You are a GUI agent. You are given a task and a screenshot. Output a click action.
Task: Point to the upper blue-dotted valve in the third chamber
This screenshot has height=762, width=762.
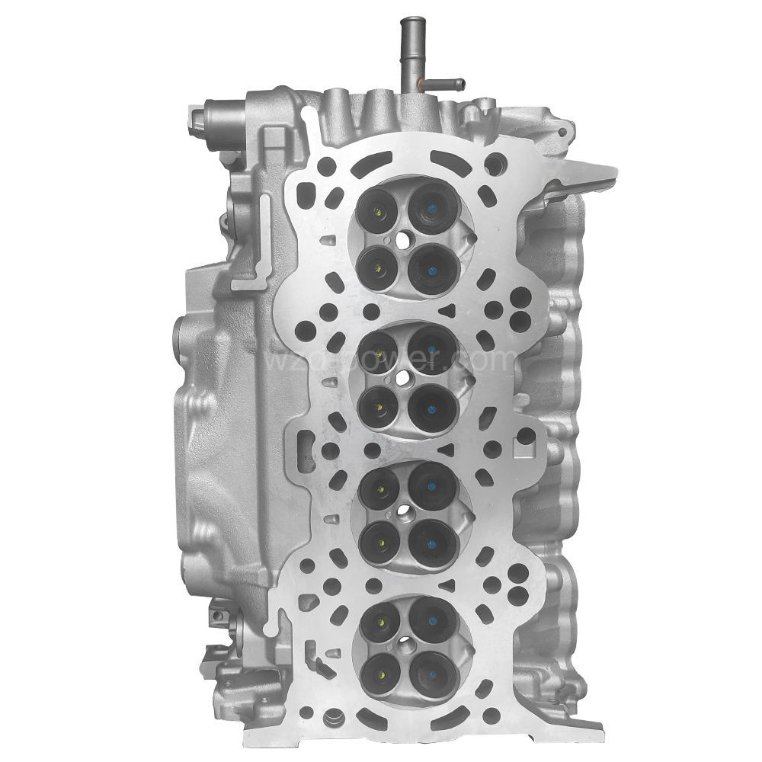pos(431,483)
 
